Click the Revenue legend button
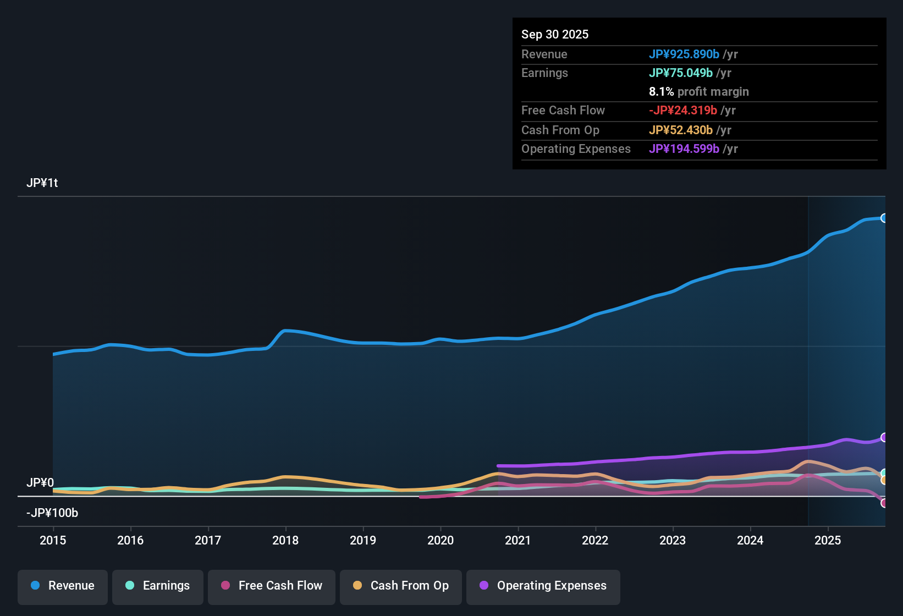(x=63, y=586)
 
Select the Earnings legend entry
(x=158, y=586)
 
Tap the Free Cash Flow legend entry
(x=272, y=586)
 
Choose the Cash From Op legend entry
(x=401, y=586)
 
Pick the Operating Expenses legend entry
(x=543, y=586)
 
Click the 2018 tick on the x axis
(x=285, y=540)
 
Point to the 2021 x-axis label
(x=517, y=540)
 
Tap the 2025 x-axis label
(x=827, y=540)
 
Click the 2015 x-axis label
(x=53, y=540)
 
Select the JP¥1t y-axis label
(x=42, y=183)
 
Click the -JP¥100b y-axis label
(x=52, y=513)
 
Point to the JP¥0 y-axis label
(x=40, y=483)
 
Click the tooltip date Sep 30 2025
(x=554, y=34)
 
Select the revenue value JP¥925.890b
(x=684, y=54)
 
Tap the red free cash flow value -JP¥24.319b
(x=682, y=110)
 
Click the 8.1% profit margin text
(x=698, y=91)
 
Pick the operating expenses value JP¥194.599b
(x=684, y=148)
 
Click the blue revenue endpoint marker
(x=884, y=218)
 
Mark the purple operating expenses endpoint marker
(x=884, y=437)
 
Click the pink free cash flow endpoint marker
(x=884, y=503)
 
